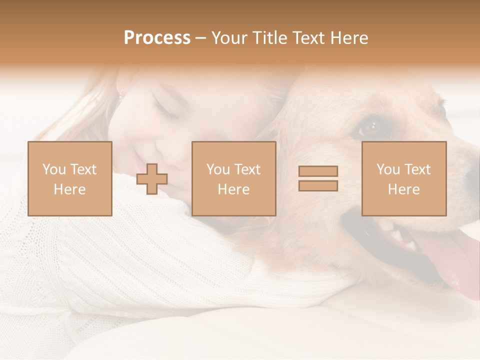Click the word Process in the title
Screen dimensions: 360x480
click(157, 38)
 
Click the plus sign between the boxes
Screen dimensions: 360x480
click(152, 178)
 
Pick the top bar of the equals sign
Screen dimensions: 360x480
click(318, 171)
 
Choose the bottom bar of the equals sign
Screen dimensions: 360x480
click(318, 185)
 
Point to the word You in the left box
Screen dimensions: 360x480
click(53, 169)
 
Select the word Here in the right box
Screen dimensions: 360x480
click(404, 189)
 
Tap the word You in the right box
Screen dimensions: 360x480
click(387, 169)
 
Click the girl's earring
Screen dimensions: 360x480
click(120, 94)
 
